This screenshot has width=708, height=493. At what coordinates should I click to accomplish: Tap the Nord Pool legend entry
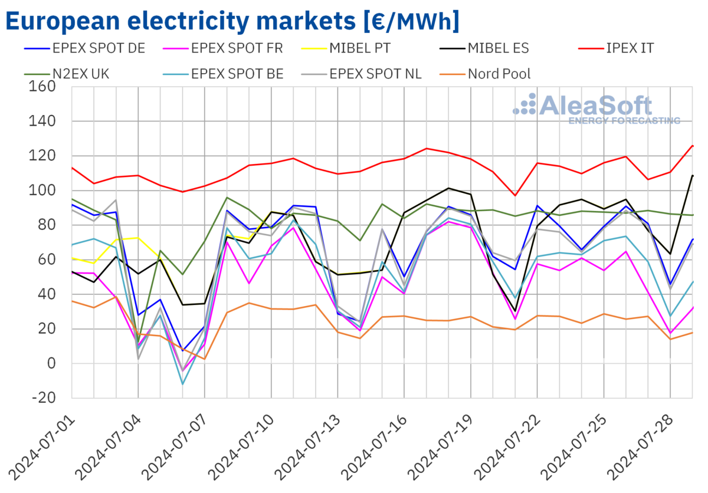[499, 74]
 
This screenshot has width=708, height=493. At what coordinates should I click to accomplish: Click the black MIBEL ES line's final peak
[693, 176]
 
